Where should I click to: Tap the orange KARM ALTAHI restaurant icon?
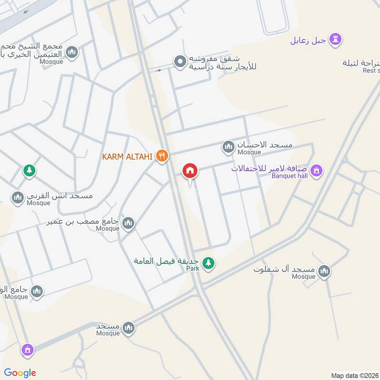162,156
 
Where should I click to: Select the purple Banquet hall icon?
317,170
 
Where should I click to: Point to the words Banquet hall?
289,176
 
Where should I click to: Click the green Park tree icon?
208,262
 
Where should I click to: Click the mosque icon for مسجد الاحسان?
228,147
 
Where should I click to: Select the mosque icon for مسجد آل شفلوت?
324,271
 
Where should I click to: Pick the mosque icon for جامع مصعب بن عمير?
128,222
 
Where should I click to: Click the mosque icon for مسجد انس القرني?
18,197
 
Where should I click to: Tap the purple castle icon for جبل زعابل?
336,39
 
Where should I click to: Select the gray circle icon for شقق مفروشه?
180,61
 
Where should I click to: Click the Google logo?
20,373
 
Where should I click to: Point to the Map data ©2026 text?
354,375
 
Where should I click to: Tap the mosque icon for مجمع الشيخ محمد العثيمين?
72,52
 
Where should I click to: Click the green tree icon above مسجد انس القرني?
29,170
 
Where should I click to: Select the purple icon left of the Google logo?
28,351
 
